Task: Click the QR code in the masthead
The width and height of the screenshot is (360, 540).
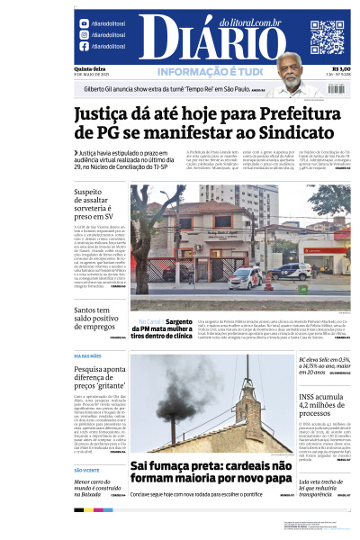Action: (327, 37)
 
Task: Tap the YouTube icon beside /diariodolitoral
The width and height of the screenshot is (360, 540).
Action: (85, 23)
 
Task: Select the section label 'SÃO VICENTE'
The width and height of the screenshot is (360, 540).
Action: (87, 471)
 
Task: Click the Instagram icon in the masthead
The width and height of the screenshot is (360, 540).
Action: (85, 35)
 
